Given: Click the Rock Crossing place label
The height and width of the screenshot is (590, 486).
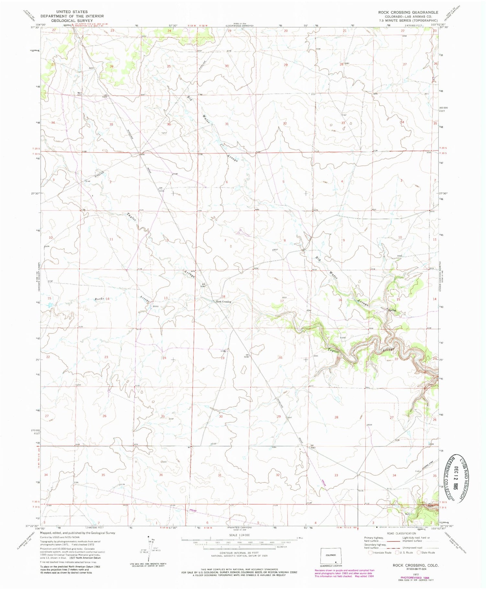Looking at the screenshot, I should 224,301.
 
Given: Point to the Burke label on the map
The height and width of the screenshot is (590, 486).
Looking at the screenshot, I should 99,299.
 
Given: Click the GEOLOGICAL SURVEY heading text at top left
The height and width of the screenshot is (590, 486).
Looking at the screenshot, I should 72,20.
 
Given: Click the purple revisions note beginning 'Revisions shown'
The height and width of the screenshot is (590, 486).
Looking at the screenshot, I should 344,573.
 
